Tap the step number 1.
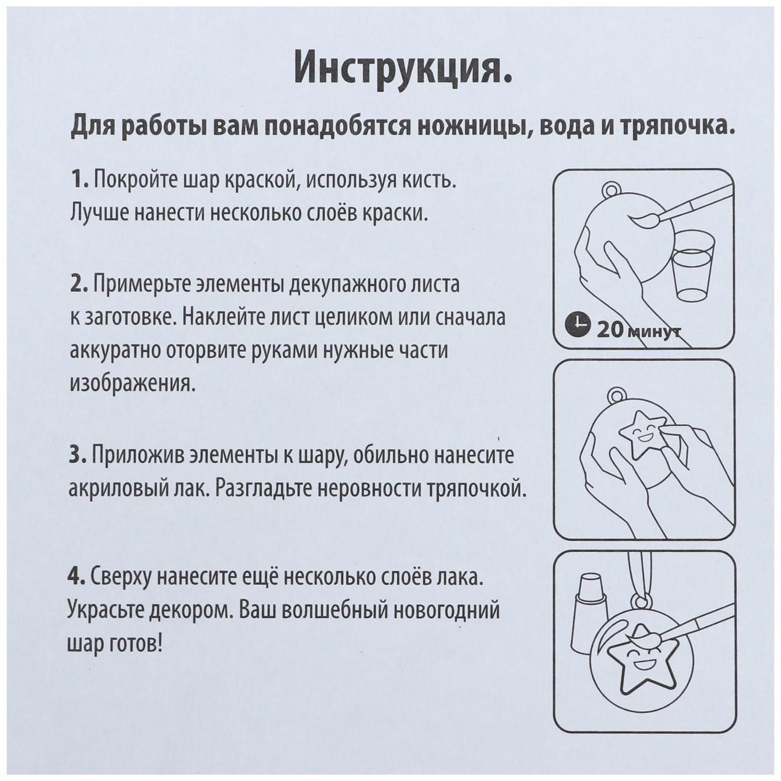click(78, 180)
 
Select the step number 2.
click(78, 284)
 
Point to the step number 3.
click(78, 455)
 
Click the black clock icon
click(577, 325)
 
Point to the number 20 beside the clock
click(610, 330)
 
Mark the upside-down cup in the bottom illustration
click(588, 612)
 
